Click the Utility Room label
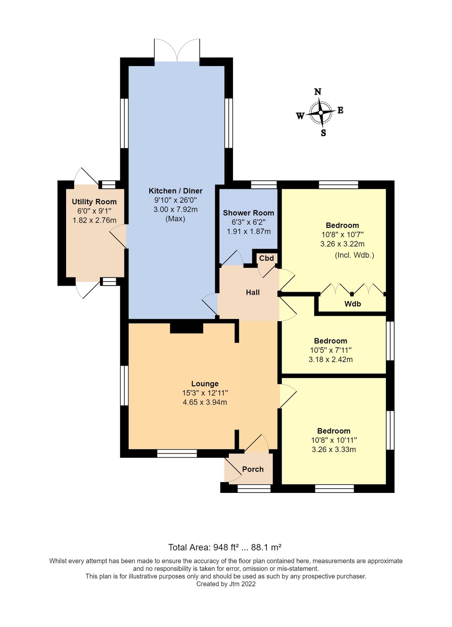pyautogui.click(x=94, y=202)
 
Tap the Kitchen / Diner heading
pyautogui.click(x=176, y=191)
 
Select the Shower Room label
pyautogui.click(x=248, y=213)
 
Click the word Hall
pyautogui.click(x=253, y=292)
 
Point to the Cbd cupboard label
pyautogui.click(x=267, y=258)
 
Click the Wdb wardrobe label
pyautogui.click(x=353, y=304)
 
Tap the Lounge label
pyautogui.click(x=205, y=384)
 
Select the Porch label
pyautogui.click(x=253, y=469)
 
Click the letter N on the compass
pyautogui.click(x=318, y=92)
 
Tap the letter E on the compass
pyautogui.click(x=341, y=110)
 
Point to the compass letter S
pyautogui.click(x=324, y=133)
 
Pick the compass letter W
pyautogui.click(x=300, y=116)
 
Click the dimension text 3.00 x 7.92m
pyautogui.click(x=176, y=209)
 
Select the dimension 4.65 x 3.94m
pyautogui.click(x=205, y=402)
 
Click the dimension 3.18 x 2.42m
pyautogui.click(x=330, y=359)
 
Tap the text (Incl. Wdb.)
pyautogui.click(x=354, y=255)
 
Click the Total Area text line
pyautogui.click(x=225, y=547)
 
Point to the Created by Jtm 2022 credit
pyautogui.click(x=226, y=584)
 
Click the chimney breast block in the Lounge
pyautogui.click(x=186, y=328)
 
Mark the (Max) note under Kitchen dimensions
pyautogui.click(x=175, y=219)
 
